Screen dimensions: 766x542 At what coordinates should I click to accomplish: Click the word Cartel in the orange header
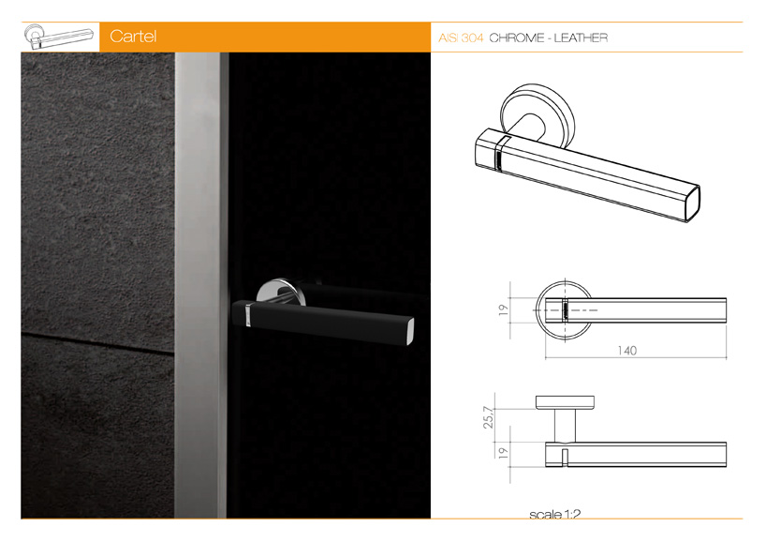point(133,37)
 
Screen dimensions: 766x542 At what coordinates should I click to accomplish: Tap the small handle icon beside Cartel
point(59,37)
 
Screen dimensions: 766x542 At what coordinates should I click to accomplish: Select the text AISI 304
point(461,38)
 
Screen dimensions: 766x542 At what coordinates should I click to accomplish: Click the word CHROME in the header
point(516,38)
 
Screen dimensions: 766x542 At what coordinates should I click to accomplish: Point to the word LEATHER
point(581,38)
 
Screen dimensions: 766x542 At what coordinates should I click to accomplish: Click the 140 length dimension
point(626,351)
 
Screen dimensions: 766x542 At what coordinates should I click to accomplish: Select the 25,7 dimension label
point(489,417)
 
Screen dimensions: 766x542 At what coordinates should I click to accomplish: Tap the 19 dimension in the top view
point(503,309)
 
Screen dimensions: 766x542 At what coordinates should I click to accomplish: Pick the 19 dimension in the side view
point(503,453)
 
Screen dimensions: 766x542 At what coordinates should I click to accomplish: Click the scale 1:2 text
point(555,514)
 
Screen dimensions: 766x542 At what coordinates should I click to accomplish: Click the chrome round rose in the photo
point(281,292)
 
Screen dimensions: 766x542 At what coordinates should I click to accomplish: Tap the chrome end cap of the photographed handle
point(409,332)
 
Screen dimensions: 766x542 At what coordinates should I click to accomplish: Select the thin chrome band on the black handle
point(248,313)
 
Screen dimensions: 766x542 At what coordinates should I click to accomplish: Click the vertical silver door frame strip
point(200,285)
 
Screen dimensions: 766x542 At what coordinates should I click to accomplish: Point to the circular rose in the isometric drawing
point(538,115)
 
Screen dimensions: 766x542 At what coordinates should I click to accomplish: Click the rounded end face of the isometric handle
point(693,203)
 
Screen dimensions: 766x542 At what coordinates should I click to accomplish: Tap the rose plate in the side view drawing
point(565,402)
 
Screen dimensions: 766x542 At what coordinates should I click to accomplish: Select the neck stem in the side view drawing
point(565,426)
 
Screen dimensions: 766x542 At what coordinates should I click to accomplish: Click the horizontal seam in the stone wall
point(97,342)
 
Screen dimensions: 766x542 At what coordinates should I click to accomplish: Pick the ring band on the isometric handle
point(500,153)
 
